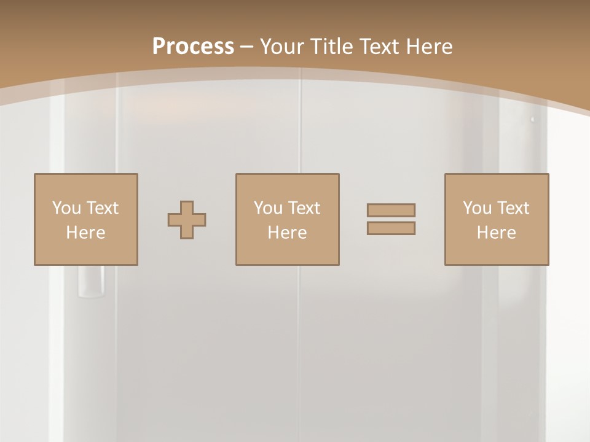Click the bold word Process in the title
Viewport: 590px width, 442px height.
tap(193, 46)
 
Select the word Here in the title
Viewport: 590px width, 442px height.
tap(430, 46)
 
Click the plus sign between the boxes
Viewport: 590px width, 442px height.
tap(187, 220)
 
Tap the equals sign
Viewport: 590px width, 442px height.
tap(391, 219)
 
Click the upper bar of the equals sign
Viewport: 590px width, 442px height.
tap(391, 211)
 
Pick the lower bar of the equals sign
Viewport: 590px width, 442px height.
tap(391, 228)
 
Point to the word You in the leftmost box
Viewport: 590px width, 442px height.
tap(66, 208)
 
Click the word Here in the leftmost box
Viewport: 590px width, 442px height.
tap(86, 233)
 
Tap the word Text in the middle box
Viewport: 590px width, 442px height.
tap(304, 208)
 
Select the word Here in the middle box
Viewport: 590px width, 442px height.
tap(288, 233)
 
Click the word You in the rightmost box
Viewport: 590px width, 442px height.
tap(477, 208)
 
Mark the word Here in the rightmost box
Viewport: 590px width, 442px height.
tap(497, 233)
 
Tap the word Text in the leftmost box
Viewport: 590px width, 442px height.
tap(102, 208)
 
